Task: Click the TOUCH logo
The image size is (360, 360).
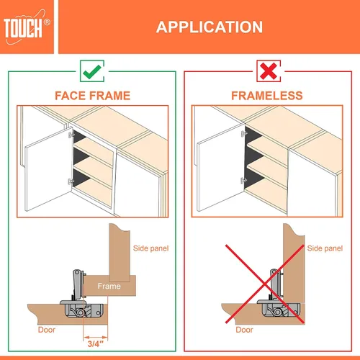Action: [27, 27]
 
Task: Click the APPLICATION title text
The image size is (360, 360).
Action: [210, 27]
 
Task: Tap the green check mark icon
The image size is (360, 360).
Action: [92, 71]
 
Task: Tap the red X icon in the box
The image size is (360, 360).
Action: [269, 71]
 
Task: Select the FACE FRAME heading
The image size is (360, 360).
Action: [93, 96]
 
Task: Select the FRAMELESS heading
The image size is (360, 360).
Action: [267, 96]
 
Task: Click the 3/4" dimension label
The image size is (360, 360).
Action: [95, 343]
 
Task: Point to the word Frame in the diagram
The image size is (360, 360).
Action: [109, 286]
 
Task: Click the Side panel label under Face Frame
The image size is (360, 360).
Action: [150, 248]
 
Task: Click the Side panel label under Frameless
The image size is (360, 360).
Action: [325, 248]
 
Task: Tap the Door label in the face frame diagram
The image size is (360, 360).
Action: [47, 330]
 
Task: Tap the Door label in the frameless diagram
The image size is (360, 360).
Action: [244, 330]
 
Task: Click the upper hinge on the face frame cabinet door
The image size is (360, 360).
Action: [71, 135]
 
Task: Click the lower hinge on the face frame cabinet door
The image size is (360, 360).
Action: [71, 181]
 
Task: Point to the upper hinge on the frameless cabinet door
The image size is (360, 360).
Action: [244, 133]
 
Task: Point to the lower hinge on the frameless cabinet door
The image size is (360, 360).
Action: [243, 180]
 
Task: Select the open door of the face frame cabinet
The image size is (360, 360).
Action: [49, 169]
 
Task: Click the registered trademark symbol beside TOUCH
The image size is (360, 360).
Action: [48, 22]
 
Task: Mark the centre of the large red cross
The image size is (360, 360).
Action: [265, 284]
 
